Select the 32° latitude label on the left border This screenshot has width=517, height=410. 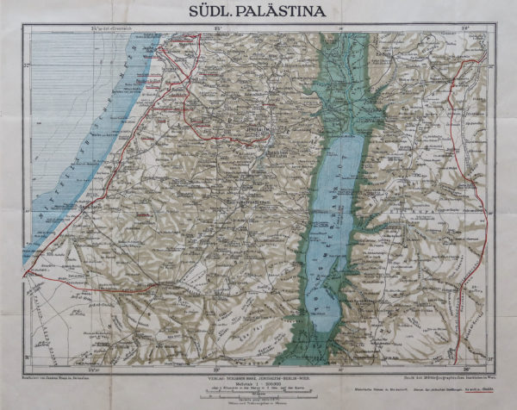26,65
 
